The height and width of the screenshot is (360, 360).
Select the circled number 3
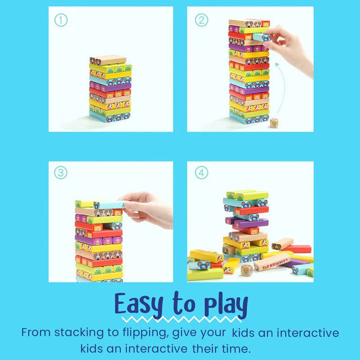(x=60, y=172)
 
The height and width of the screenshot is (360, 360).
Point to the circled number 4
(x=201, y=172)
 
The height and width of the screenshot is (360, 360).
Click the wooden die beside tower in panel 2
(x=274, y=123)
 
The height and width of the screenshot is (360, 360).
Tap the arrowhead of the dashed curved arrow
(x=278, y=66)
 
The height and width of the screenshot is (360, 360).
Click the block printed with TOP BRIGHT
(x=271, y=262)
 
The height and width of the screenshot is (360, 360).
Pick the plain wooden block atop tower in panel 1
(x=108, y=60)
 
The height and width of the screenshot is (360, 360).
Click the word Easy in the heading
(x=138, y=305)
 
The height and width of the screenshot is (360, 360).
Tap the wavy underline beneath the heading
(x=180, y=320)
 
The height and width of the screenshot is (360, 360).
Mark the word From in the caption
(x=36, y=333)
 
